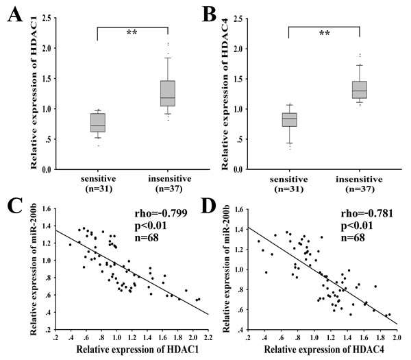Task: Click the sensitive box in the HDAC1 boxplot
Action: (x=97, y=122)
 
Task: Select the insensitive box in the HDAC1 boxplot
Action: (x=166, y=93)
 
